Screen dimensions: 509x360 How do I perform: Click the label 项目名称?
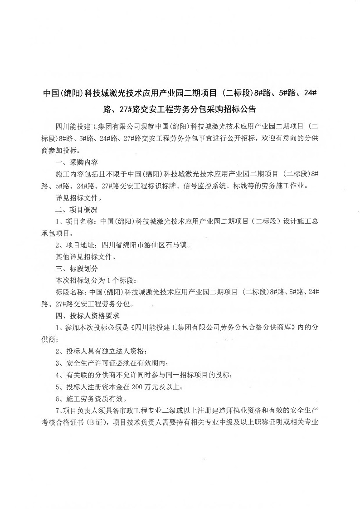79,221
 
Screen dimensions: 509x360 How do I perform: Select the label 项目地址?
79,245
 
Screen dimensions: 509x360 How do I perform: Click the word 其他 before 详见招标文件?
62,257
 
